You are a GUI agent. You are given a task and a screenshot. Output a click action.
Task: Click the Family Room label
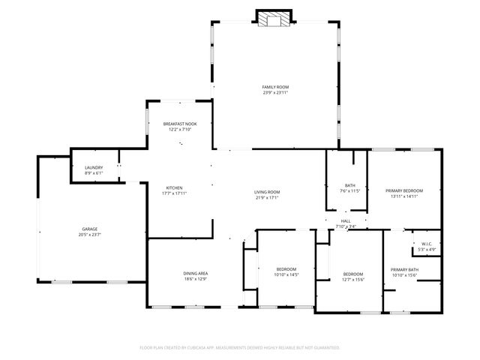click(275, 87)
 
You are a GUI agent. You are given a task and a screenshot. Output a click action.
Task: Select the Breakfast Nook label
click(180, 123)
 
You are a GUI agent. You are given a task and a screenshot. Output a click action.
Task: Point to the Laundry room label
click(94, 167)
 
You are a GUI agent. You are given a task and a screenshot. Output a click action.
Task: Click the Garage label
click(90, 229)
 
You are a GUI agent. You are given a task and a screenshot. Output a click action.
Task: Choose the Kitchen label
click(174, 187)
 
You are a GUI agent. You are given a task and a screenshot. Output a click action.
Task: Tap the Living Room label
click(266, 192)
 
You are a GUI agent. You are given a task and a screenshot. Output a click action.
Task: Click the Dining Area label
click(195, 273)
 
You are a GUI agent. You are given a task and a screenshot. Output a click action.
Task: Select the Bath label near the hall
click(349, 185)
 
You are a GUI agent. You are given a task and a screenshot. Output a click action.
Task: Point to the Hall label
click(346, 221)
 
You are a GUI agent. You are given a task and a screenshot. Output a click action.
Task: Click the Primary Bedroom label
click(404, 190)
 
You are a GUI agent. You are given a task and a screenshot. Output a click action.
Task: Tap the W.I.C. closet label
click(426, 243)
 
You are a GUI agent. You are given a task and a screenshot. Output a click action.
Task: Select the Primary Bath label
click(404, 269)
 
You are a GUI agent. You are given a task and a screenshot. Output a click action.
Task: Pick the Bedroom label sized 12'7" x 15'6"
click(353, 274)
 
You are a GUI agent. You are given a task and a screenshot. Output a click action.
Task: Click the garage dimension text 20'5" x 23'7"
click(90, 235)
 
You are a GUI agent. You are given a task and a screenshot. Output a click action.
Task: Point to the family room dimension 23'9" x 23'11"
click(275, 93)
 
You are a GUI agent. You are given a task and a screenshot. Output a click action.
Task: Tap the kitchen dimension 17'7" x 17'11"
click(174, 193)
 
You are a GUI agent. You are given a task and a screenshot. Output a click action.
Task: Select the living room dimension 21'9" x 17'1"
click(266, 198)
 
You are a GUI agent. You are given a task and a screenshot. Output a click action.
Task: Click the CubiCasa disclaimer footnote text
click(240, 347)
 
